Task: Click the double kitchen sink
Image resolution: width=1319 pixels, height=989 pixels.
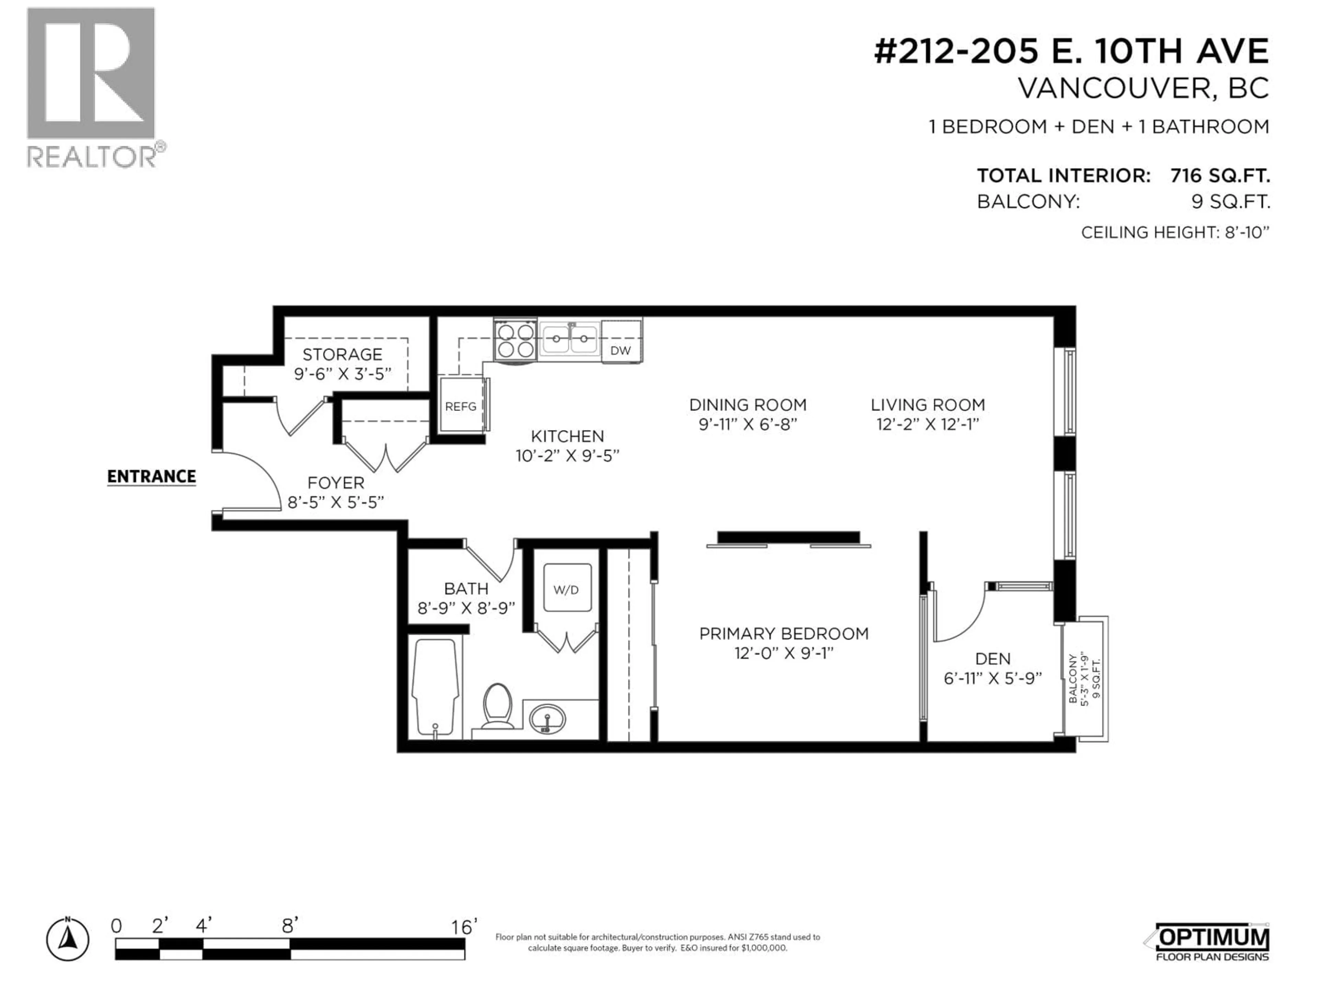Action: [570, 340]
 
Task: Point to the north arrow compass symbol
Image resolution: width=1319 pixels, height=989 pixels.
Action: [68, 940]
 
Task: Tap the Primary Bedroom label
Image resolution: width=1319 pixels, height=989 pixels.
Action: [783, 634]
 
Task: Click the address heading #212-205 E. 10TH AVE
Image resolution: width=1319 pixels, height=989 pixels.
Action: [1072, 51]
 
